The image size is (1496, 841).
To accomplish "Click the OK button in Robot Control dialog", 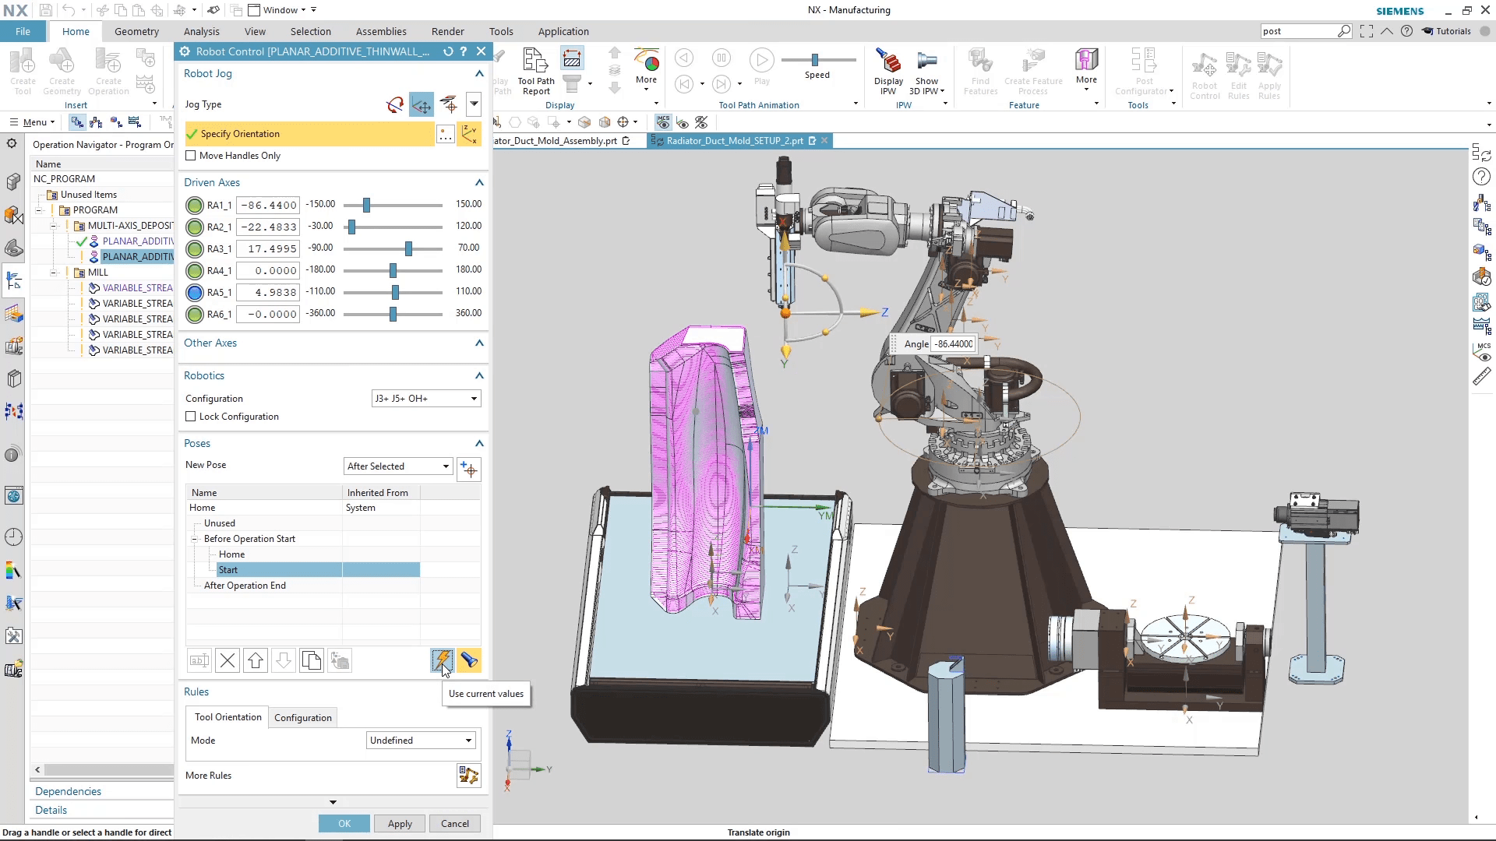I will click(x=344, y=823).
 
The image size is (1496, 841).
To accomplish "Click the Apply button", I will click(x=400, y=823).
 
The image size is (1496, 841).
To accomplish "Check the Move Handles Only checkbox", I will click(x=191, y=156).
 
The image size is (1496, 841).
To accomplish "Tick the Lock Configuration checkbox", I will click(x=191, y=417).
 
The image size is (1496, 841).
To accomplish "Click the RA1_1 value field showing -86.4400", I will click(x=267, y=205).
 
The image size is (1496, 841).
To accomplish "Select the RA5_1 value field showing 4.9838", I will click(x=267, y=292).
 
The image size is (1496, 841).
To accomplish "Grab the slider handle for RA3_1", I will click(x=408, y=248).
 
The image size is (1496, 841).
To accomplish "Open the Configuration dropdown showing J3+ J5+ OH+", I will click(x=425, y=398).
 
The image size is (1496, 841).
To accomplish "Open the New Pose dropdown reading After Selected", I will click(x=397, y=466).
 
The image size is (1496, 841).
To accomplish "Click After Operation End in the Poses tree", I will click(x=245, y=585).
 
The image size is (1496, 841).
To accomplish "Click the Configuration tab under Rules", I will click(x=302, y=717).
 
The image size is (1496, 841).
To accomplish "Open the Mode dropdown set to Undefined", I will click(x=421, y=740).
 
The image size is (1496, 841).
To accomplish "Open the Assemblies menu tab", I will click(x=381, y=31).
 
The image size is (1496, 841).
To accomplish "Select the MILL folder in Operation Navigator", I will click(x=97, y=272).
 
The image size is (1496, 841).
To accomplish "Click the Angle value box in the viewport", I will click(x=954, y=343).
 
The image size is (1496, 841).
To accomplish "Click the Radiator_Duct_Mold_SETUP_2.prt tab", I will click(x=734, y=140).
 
